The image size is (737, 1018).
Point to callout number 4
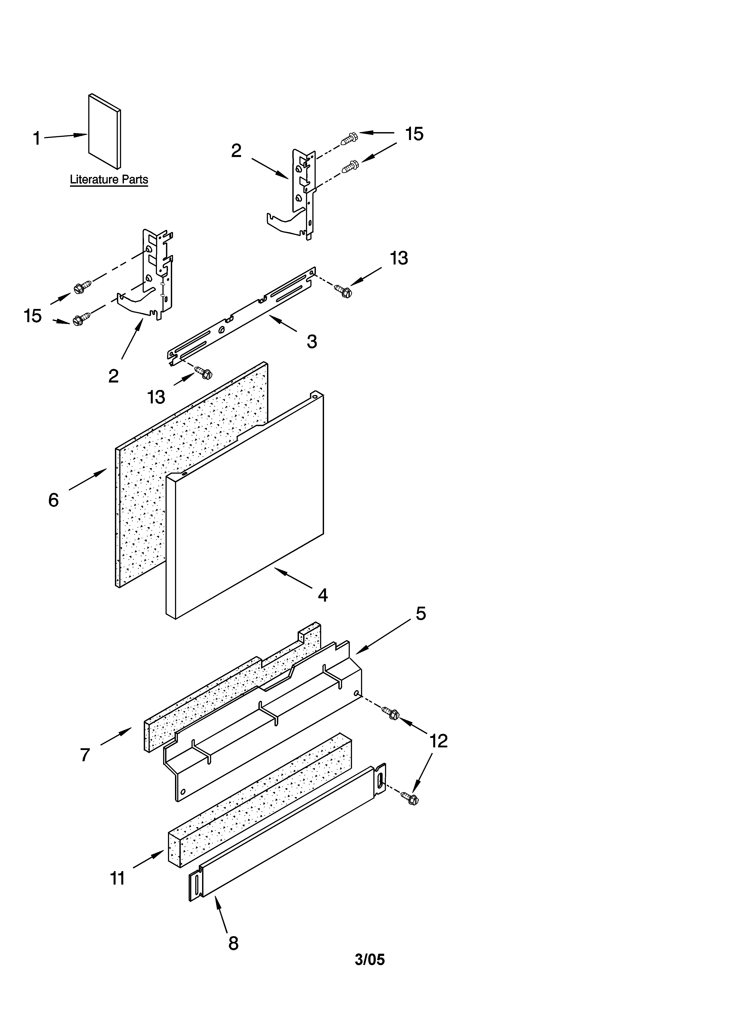point(322,595)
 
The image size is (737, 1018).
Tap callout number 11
point(118,878)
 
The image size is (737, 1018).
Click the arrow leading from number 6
point(88,479)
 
